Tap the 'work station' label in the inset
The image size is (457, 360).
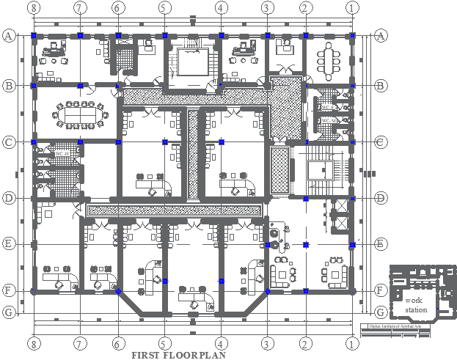415,306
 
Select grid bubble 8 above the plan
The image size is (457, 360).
33,8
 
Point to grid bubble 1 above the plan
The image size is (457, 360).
353,8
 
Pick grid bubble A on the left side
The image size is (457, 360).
9,35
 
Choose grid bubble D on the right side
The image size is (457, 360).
380,198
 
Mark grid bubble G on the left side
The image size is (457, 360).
9,312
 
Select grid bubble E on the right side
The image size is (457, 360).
380,244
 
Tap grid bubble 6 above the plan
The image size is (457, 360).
117,8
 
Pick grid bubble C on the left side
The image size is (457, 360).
9,142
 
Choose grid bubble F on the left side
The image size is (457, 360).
9,290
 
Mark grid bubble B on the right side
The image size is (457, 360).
380,86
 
